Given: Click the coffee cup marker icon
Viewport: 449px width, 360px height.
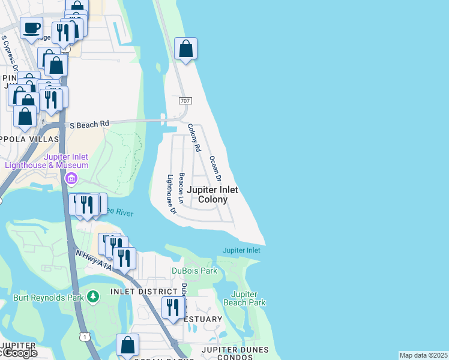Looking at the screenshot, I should (x=31, y=28).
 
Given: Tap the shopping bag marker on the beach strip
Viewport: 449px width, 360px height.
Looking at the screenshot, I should (x=186, y=49).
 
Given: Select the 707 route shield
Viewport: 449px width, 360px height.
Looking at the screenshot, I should (x=185, y=101).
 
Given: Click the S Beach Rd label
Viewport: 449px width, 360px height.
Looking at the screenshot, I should (x=89, y=124).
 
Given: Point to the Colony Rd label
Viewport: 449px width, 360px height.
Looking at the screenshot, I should (x=193, y=137).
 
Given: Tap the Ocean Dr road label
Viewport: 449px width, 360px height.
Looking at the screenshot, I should (x=215, y=169).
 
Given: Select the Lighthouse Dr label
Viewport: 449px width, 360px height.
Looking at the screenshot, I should (x=171, y=194).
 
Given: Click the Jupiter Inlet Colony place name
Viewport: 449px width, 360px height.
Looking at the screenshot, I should (x=212, y=194).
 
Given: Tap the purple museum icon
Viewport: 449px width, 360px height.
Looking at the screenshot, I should (x=71, y=179).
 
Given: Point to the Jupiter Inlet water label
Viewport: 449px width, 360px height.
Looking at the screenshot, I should (x=241, y=250).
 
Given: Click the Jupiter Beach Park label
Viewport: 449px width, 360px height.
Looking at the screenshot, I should (x=249, y=298).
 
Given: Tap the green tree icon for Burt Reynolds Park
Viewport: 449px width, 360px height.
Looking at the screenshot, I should (x=92, y=296).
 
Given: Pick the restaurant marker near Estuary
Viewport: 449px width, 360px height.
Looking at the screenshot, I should (x=173, y=308).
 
